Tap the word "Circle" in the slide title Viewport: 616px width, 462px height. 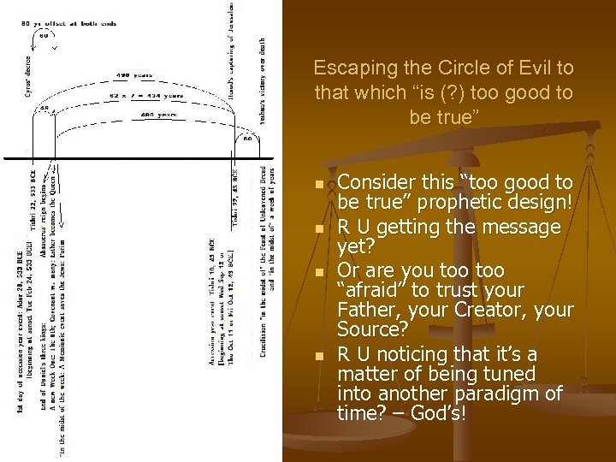tap(456, 68)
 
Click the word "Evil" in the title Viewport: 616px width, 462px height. tap(530, 68)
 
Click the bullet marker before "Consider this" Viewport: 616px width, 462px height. tap(319, 185)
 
